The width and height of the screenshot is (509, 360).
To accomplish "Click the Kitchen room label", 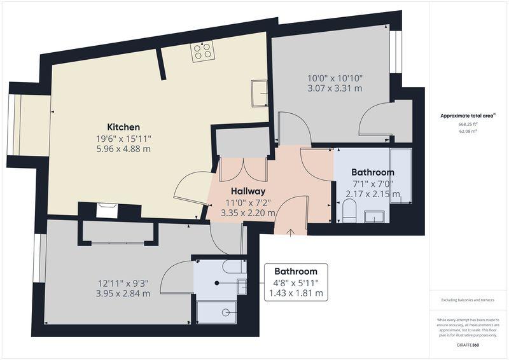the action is click(x=123, y=127).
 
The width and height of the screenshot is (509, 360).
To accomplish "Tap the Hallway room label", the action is click(x=248, y=191).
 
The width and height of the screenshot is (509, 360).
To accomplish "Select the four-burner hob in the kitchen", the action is click(x=203, y=52).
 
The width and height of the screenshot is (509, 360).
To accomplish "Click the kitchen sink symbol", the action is click(x=260, y=93).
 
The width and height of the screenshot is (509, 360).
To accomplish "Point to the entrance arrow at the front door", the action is click(x=290, y=232).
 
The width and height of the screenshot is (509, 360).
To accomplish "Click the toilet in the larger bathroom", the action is click(x=349, y=211).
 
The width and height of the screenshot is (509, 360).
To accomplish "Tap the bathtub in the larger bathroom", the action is click(x=401, y=176).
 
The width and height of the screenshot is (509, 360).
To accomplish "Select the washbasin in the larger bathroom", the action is click(x=374, y=217).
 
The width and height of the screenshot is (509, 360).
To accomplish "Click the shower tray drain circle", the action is click(x=226, y=312).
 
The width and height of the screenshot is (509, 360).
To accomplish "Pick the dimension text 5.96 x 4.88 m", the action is click(x=123, y=149).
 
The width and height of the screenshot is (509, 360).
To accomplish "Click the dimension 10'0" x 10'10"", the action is click(x=335, y=78).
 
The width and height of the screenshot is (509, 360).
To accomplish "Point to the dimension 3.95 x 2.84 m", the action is click(x=123, y=293).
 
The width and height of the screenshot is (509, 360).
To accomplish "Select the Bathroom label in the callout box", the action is click(x=296, y=272).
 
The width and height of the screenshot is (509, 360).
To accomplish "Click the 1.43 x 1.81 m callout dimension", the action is click(x=296, y=293).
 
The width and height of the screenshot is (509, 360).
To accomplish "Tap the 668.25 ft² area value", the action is click(x=468, y=124).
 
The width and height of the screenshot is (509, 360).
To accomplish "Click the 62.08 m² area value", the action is click(x=468, y=132).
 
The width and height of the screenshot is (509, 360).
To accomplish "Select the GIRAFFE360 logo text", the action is click(x=468, y=345).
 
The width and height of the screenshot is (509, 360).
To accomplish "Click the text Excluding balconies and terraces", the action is click(x=468, y=300).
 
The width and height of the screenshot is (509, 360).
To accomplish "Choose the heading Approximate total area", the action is click(x=468, y=116).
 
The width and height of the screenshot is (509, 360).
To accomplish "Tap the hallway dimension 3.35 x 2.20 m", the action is click(x=248, y=213).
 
